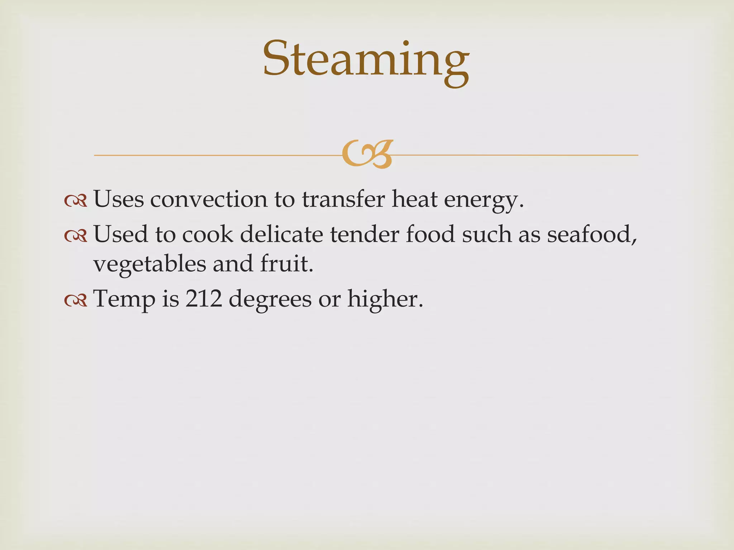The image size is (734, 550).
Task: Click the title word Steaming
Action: [366, 59]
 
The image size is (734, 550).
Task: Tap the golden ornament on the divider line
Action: [367, 154]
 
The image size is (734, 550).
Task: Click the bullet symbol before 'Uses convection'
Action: [76, 201]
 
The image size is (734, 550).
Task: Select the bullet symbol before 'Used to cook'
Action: [76, 235]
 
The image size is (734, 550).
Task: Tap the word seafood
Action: [588, 234]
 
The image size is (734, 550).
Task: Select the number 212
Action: [204, 299]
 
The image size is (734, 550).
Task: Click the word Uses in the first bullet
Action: [119, 199]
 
